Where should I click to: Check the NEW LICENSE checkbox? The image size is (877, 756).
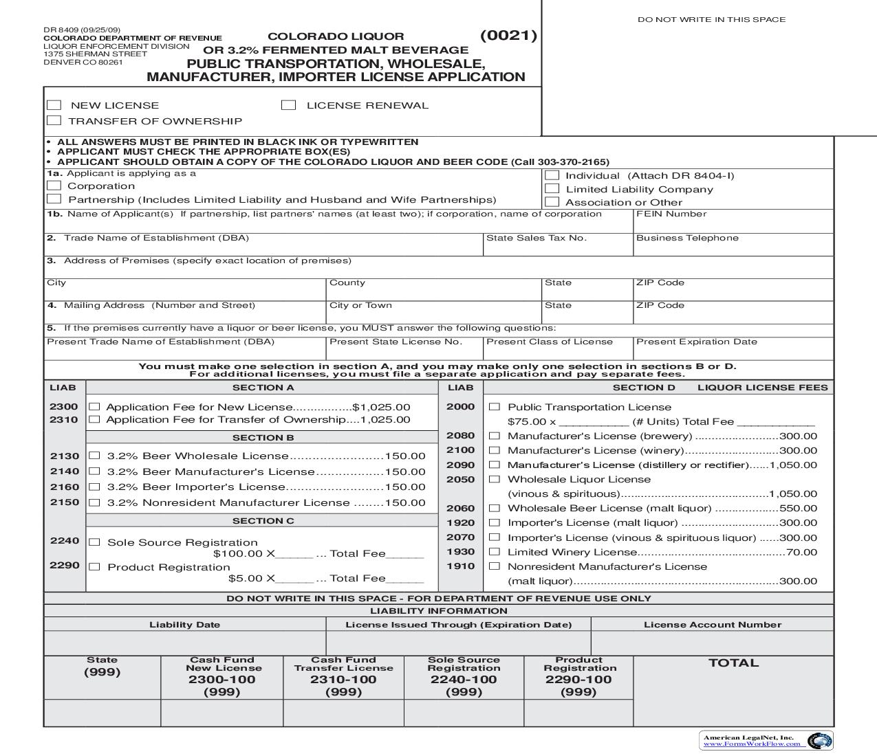[x=54, y=105]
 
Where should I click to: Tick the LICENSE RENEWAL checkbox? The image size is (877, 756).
[x=289, y=105]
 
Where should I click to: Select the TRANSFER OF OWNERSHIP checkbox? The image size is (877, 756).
[x=54, y=121]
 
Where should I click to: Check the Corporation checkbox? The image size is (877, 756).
[x=54, y=186]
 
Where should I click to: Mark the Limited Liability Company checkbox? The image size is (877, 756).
[x=552, y=189]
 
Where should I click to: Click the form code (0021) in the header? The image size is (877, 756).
[x=508, y=36]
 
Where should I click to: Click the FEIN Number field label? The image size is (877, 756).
[x=671, y=214]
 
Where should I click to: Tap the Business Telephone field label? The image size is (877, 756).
[x=686, y=238]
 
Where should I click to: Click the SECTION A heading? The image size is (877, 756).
[x=263, y=388]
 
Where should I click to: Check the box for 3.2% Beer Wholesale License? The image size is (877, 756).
[x=95, y=456]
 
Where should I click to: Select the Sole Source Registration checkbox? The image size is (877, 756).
[x=95, y=542]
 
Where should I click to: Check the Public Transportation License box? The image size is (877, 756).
[x=494, y=407]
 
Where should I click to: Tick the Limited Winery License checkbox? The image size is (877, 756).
[x=494, y=552]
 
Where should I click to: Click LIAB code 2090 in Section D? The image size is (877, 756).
[x=460, y=465]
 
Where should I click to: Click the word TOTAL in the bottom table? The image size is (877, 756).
[x=733, y=663]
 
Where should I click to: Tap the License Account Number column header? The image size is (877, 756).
[x=712, y=625]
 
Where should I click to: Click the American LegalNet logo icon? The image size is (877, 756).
[x=819, y=741]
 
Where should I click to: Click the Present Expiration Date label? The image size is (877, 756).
[x=696, y=342]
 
